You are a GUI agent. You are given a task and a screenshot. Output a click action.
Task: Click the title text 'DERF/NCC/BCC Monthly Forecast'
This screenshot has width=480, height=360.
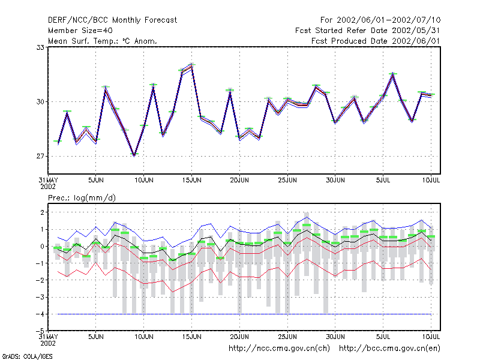[x=112, y=20]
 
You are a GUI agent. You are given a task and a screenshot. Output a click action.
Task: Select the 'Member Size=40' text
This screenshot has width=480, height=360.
[x=80, y=31]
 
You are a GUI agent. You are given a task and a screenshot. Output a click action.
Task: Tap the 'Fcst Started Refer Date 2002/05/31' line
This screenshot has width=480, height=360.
[x=367, y=31]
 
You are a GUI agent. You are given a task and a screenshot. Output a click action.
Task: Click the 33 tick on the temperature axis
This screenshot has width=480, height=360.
[x=40, y=48]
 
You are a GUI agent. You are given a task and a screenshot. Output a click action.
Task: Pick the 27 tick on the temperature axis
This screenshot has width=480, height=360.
[x=40, y=157]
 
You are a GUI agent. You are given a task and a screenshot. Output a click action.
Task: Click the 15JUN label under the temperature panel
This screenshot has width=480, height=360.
[x=191, y=181]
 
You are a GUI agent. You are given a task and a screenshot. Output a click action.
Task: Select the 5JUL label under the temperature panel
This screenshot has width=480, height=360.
[x=383, y=181]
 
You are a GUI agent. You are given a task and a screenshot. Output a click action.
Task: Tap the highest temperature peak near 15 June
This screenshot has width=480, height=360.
[x=192, y=65]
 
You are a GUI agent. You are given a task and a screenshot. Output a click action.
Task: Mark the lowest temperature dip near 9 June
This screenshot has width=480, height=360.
[x=134, y=155]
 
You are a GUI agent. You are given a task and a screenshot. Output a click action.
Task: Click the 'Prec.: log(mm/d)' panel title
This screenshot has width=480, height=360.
[x=82, y=198]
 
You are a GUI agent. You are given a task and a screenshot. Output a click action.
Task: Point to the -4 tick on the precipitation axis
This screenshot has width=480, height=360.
[x=40, y=314]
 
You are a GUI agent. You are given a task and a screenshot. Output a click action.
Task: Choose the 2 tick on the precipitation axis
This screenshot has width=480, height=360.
[x=42, y=212]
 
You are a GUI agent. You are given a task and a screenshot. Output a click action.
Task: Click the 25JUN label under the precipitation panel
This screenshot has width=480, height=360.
[x=287, y=337]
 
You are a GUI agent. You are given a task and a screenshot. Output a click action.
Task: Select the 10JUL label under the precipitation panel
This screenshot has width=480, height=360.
[x=431, y=337]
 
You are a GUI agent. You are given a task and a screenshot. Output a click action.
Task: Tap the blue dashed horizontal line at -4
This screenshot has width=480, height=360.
[x=244, y=314]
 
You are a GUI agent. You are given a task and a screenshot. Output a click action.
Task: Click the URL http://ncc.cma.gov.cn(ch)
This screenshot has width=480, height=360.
[x=279, y=349]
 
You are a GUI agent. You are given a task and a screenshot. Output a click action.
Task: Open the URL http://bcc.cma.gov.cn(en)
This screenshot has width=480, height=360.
[x=389, y=349]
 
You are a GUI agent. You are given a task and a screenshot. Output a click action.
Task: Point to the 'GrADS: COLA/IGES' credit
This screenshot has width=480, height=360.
[x=27, y=356]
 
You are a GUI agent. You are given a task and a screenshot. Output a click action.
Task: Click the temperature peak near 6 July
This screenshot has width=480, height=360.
[x=393, y=74]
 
